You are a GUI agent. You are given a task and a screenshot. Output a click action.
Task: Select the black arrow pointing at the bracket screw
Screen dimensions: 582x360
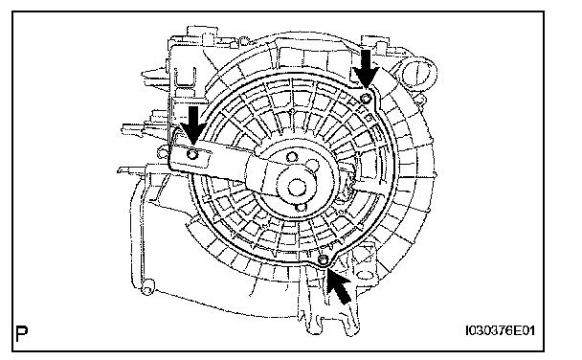point(192,125)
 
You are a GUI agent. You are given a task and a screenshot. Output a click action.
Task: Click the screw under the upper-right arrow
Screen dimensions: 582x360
point(366,98)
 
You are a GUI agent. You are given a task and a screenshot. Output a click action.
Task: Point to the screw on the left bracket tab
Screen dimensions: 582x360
point(192,154)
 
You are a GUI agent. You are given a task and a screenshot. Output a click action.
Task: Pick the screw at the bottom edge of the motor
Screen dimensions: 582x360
point(324,260)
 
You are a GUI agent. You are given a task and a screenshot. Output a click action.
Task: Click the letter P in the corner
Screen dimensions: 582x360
point(22,333)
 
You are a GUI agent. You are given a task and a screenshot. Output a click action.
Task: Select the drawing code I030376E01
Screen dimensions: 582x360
point(501,330)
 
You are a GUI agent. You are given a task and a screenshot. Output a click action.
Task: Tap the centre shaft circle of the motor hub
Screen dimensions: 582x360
point(296,187)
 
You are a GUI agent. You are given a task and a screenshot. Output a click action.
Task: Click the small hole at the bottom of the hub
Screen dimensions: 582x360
point(302,207)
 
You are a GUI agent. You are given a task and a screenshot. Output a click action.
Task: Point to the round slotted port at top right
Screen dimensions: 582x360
point(417,74)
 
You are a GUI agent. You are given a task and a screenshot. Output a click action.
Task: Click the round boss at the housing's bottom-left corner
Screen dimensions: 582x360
point(147,287)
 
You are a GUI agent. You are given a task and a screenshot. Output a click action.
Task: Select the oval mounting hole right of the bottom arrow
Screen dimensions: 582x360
point(364,275)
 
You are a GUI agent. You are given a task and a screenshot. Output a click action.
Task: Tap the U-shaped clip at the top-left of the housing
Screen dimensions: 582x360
point(185,79)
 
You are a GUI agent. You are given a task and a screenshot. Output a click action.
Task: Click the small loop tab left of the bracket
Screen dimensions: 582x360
point(162,151)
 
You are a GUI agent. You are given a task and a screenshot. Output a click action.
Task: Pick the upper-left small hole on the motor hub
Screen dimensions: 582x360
point(291,157)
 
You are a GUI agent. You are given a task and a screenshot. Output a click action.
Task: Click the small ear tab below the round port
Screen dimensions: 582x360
point(420,101)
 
